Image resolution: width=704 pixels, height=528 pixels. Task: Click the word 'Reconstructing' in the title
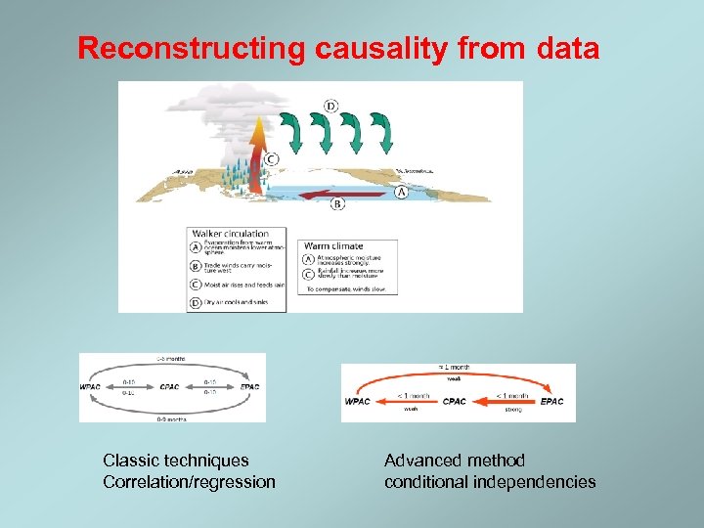[192, 48]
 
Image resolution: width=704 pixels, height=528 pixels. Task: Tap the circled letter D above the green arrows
[331, 106]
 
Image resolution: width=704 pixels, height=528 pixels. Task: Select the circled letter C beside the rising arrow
[271, 158]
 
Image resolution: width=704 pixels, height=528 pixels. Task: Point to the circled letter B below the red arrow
[337, 203]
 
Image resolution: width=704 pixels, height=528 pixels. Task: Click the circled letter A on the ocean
[401, 193]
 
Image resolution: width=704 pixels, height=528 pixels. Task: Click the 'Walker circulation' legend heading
[231, 234]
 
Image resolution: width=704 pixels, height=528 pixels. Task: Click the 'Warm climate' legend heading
[333, 245]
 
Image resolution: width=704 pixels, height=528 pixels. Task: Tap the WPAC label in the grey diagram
[91, 387]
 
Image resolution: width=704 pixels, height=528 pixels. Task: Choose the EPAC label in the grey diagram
[250, 387]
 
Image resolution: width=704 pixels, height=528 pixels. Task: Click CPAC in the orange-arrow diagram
[455, 402]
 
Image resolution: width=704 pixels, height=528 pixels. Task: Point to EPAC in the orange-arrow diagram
[552, 402]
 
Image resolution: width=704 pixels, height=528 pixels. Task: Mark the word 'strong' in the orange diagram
[513, 411]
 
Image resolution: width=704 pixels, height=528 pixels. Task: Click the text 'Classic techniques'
[176, 460]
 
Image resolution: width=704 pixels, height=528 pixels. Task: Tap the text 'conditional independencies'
[490, 481]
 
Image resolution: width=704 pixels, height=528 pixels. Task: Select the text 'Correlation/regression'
[189, 481]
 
